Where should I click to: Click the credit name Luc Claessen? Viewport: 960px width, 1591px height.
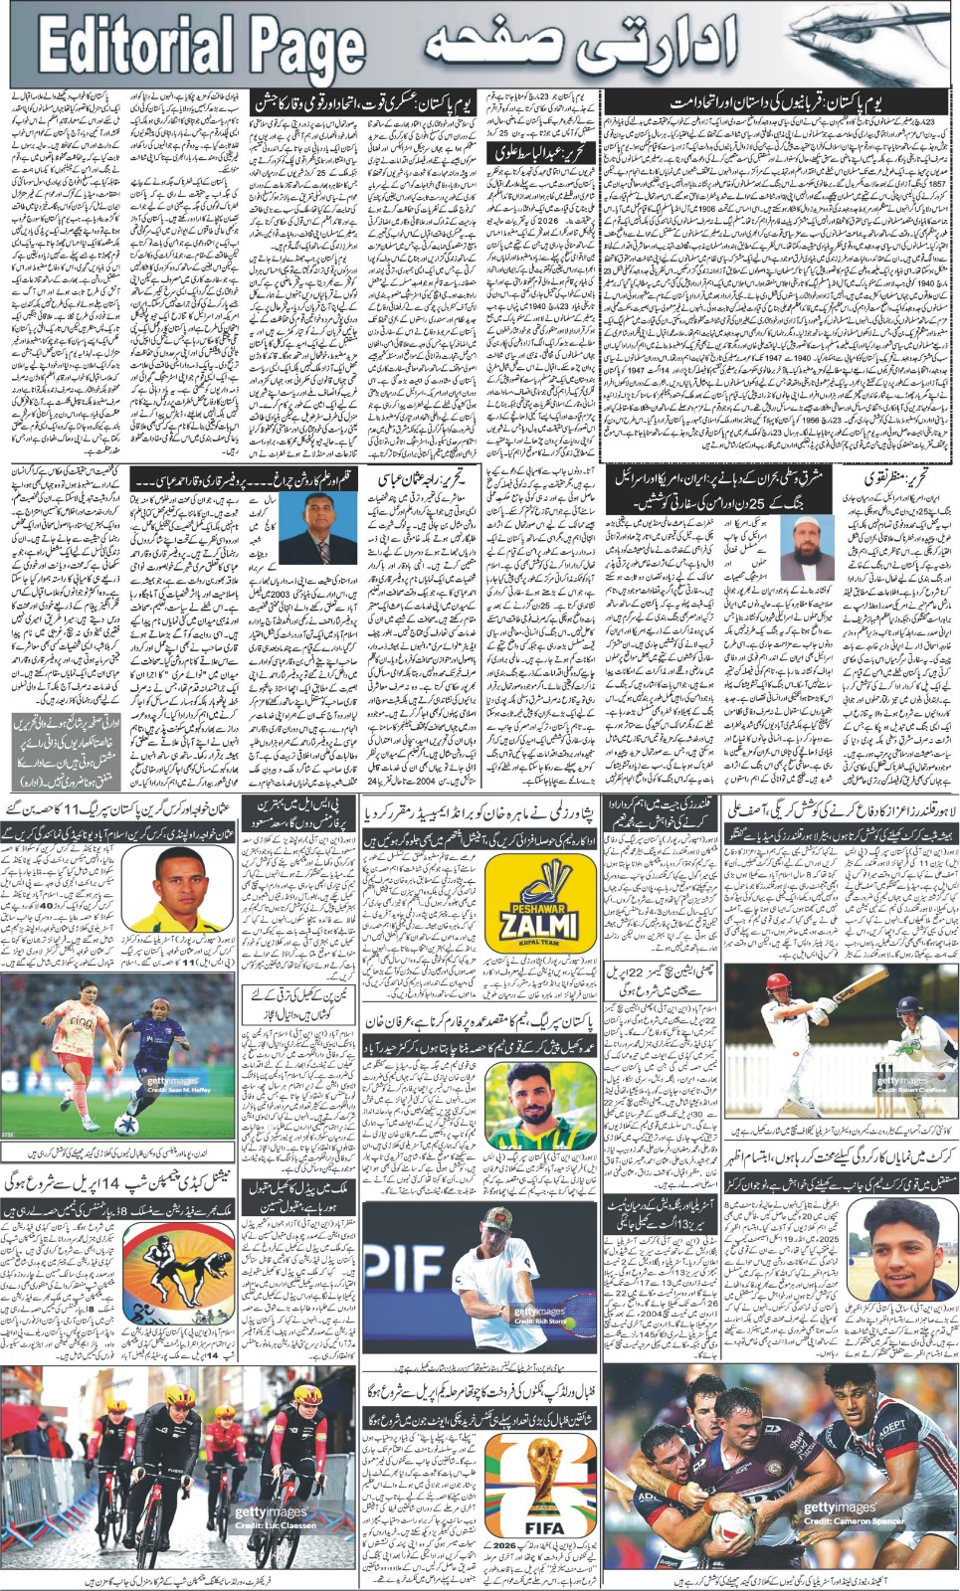click(284, 1525)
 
